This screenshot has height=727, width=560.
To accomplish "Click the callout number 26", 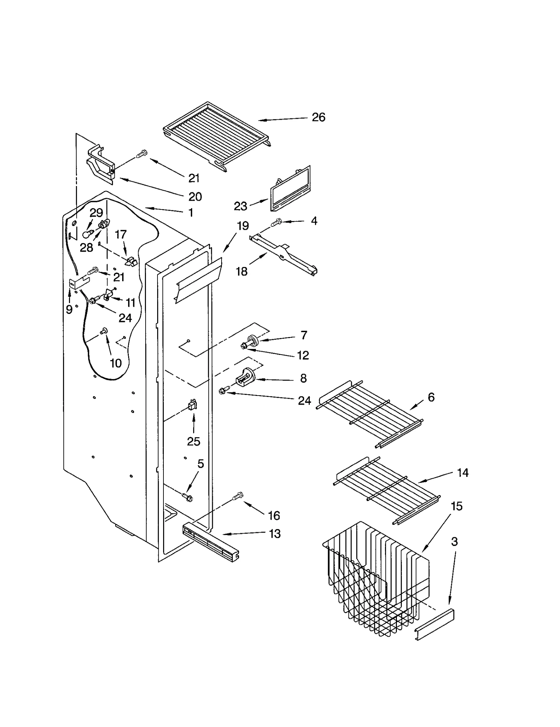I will click(318, 117).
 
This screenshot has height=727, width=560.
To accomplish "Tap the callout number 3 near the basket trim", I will click(454, 542).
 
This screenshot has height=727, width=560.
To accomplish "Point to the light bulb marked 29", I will click(87, 234).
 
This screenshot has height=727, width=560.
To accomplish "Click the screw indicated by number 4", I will click(277, 222).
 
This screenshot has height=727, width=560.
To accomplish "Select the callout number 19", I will click(243, 226).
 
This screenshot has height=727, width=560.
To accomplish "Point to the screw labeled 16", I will click(238, 496).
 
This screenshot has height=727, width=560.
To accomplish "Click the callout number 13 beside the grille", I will click(275, 534).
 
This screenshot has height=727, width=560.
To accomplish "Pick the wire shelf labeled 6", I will click(369, 413).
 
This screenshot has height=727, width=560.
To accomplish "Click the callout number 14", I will click(462, 473).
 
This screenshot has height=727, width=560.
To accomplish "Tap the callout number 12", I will click(303, 355).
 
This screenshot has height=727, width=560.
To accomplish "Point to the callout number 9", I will click(69, 309).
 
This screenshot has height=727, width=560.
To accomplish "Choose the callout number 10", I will click(115, 363).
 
